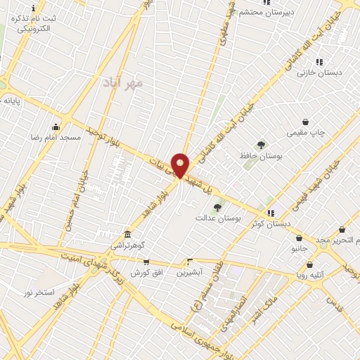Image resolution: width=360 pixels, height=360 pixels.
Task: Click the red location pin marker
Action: coord(180,165)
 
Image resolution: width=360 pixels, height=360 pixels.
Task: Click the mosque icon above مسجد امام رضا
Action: coord(56,127)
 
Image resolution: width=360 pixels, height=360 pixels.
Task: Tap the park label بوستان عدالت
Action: coord(218,219)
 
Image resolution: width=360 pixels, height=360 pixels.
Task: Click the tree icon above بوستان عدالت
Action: coord(217,207)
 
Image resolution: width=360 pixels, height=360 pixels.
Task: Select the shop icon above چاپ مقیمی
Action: coord(305,122)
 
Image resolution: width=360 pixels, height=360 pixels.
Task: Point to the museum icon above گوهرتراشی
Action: coord(127,233)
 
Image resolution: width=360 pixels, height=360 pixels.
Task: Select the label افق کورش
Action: coord(146,272)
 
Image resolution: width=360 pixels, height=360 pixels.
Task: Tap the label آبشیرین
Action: coord(189,271)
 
